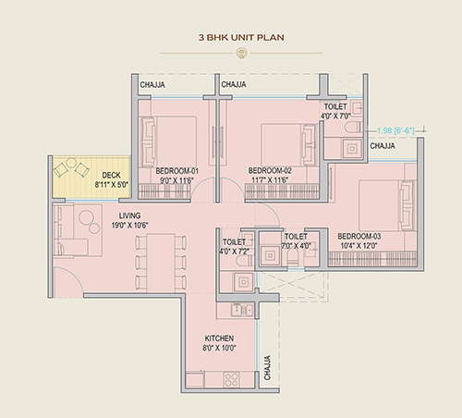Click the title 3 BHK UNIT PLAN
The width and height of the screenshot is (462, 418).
click(241, 37)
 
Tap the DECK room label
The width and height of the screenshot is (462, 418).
click(111, 175)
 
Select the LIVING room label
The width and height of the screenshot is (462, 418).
click(129, 215)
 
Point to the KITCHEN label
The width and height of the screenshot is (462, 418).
click(219, 338)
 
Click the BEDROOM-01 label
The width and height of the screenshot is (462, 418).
click(177, 171)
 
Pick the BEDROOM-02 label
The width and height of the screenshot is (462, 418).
click(270, 170)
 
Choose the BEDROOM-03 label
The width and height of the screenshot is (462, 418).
click(359, 236)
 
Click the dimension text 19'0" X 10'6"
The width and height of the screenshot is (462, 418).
click(129, 226)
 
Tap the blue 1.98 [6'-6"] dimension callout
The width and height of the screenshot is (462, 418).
click(395, 130)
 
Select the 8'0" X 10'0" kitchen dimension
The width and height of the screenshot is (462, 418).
click(219, 348)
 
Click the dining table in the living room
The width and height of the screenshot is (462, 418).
click(161, 263)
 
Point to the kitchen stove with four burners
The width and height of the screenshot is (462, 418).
click(231, 379)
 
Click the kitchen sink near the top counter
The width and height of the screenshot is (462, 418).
click(242, 310)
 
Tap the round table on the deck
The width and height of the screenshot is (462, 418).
click(71, 163)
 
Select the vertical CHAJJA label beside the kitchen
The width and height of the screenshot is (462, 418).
click(267, 368)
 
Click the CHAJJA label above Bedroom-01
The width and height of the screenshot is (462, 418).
click(152, 85)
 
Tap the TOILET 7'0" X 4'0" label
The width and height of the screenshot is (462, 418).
click(297, 241)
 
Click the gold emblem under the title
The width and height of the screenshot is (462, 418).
click(241, 53)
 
